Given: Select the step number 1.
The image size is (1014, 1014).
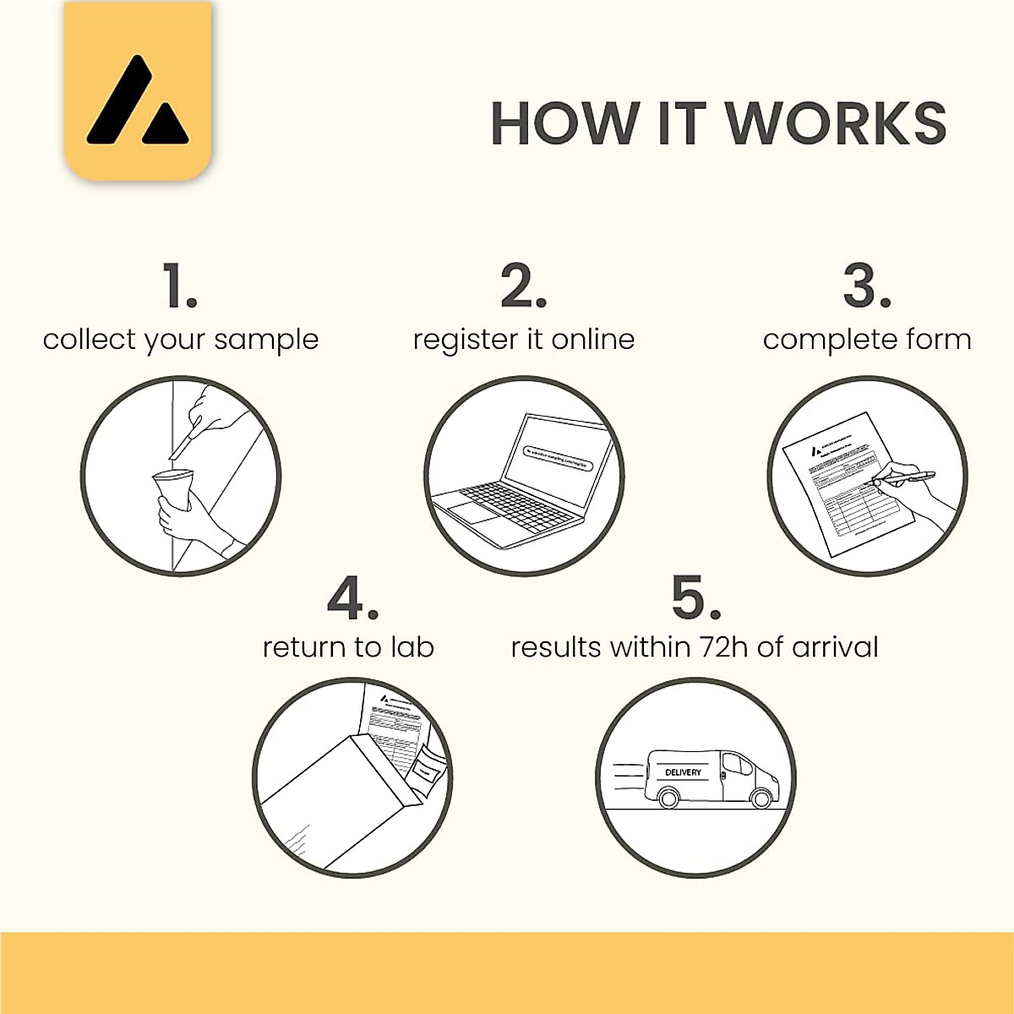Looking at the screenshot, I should tap(178, 286).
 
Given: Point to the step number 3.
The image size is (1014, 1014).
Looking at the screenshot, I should tap(865, 286).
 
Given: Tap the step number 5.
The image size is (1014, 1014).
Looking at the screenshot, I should tap(695, 597).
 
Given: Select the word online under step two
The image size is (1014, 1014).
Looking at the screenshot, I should tap(592, 339).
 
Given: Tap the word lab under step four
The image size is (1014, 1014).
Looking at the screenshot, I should tap(412, 647).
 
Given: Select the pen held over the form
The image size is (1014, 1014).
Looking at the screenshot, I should tap(904, 478).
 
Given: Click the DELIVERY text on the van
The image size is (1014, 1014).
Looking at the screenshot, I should tap(683, 772).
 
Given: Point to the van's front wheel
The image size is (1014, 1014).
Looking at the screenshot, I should tap(761, 798).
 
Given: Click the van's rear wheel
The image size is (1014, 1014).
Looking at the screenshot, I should tap(668, 798).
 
